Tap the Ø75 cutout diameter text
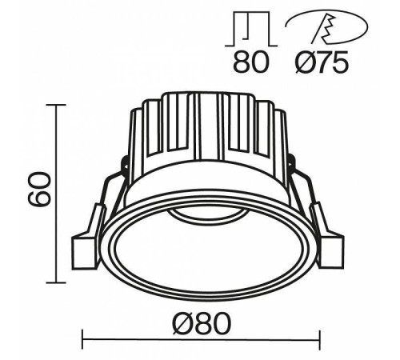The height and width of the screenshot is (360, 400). point(319,62)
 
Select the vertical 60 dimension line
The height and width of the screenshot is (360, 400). point(56,240)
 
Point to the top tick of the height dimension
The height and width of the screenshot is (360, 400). point(56,104)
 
